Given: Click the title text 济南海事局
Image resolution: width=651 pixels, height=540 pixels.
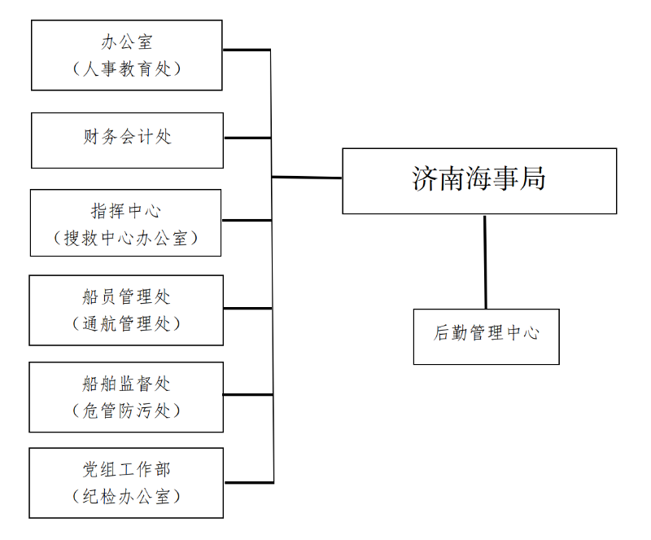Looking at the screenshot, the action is (478, 178).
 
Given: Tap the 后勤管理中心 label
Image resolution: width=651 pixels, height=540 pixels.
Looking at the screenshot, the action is (486, 333).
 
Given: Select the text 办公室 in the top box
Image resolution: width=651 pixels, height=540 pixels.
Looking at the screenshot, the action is (127, 42).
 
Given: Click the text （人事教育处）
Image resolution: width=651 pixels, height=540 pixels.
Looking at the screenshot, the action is (127, 68).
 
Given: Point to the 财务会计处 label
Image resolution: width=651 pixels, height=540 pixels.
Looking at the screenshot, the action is (127, 137).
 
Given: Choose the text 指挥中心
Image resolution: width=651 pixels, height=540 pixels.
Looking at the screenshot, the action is (126, 211).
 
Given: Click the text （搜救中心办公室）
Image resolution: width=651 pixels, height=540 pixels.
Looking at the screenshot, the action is (126, 238).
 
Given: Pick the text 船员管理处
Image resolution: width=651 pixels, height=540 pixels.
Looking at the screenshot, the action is (126, 296).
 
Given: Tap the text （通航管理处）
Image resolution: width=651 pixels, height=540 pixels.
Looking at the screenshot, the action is (126, 324).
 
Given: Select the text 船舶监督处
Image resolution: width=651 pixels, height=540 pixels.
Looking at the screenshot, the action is (126, 384).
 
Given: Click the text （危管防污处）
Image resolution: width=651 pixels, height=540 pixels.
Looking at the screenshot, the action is (126, 410).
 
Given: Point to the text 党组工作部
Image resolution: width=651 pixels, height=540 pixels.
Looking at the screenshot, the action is (126, 470).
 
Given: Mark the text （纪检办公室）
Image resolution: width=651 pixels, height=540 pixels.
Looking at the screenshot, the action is (126, 496).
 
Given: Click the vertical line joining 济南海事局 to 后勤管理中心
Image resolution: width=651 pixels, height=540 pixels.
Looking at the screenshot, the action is (485, 262).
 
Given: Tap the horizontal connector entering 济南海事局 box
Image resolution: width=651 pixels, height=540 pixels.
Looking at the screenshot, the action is (307, 178).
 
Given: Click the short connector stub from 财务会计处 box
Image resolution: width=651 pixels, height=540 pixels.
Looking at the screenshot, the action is (248, 138).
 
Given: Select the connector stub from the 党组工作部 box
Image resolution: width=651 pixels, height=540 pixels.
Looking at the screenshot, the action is (249, 482).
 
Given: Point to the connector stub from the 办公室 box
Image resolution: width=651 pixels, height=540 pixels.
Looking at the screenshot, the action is (247, 50).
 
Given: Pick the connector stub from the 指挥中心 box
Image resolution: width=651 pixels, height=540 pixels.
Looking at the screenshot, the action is (247, 220).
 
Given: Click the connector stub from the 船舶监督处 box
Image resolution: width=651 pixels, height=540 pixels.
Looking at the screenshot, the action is (248, 394).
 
